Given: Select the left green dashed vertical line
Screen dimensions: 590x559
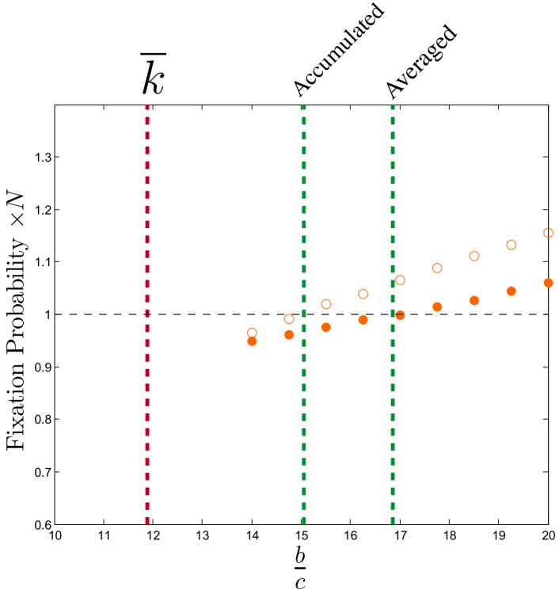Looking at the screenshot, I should (x=304, y=198).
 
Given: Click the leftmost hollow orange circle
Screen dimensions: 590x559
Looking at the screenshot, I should (x=252, y=333).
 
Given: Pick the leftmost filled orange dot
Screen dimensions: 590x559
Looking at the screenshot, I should (x=252, y=341).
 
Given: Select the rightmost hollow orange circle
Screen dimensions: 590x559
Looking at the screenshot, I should (x=548, y=233).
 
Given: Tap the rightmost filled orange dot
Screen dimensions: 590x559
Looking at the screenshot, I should (x=548, y=283).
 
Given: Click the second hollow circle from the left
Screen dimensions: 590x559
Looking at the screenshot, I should (x=289, y=319).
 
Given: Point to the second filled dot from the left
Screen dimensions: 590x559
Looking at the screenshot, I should (x=289, y=335).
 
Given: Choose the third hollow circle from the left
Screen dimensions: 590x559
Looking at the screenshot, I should (x=325, y=304).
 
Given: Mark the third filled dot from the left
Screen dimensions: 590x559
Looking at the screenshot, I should (x=325, y=327).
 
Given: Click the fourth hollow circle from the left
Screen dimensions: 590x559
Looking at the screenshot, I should (x=363, y=294).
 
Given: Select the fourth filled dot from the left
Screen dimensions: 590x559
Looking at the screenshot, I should (x=363, y=320).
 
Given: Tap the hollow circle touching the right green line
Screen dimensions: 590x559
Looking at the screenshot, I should (x=400, y=280).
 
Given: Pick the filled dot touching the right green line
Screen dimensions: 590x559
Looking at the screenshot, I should (x=400, y=315).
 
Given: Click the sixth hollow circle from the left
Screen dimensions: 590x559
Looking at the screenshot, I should (x=437, y=268).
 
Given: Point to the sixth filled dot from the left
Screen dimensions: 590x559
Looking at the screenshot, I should (x=437, y=306).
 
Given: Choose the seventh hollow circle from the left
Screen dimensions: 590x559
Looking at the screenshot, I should (x=474, y=256).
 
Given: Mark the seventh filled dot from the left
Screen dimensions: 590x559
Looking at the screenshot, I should (x=474, y=300).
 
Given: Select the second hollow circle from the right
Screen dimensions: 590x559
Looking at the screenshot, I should (x=511, y=245).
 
